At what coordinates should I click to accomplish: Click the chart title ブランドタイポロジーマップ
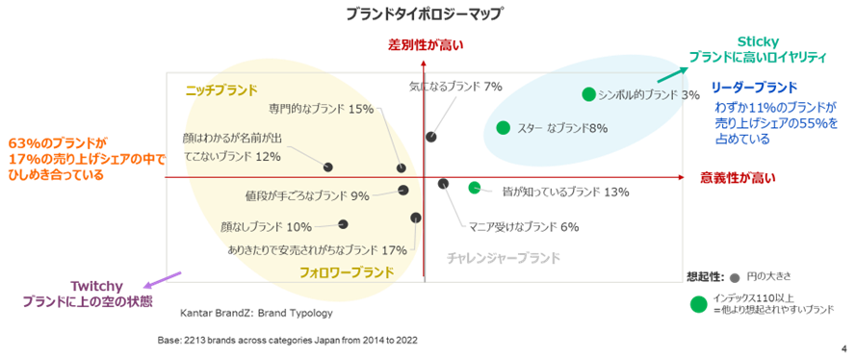[x=423, y=13]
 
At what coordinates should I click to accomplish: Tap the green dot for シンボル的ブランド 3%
[x=588, y=94]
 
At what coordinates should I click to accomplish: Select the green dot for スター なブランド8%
[x=503, y=128]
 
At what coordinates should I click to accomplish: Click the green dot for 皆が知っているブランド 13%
[x=475, y=188]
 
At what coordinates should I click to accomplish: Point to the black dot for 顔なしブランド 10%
[x=343, y=223]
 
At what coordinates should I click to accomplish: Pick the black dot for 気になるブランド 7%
[x=430, y=137]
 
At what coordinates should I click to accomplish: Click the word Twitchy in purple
[x=96, y=286]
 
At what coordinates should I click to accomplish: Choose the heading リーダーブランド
[x=754, y=87]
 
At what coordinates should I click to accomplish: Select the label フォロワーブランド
[x=346, y=272]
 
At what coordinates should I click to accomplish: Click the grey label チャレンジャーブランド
[x=504, y=258]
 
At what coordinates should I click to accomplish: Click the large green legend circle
[x=699, y=304]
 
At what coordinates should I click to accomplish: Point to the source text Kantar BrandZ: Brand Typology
[x=256, y=314]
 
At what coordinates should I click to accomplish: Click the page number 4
[x=844, y=348]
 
